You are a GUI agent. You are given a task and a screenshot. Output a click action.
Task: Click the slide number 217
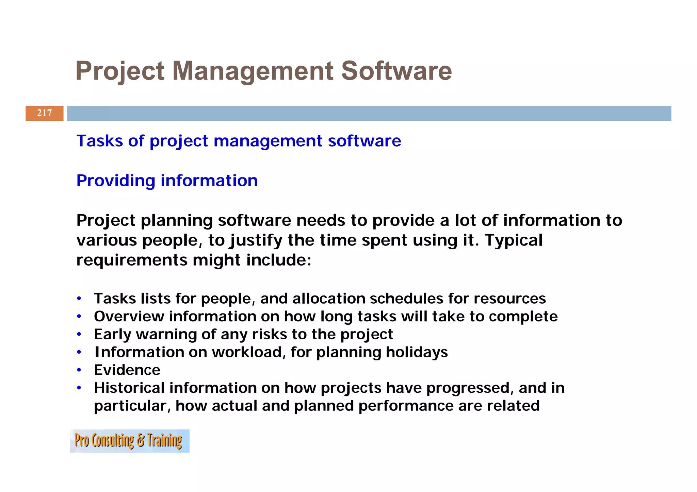tap(44, 113)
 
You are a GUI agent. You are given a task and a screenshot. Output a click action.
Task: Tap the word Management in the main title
tap(253, 71)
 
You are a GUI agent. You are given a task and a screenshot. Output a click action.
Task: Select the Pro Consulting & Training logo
tap(129, 441)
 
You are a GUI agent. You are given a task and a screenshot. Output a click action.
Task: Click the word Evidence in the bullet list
tap(127, 370)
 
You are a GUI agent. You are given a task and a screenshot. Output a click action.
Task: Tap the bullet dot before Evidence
tap(79, 370)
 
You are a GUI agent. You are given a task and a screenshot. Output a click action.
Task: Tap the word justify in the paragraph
tap(256, 241)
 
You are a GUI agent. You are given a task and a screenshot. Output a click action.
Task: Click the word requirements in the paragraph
tap(132, 260)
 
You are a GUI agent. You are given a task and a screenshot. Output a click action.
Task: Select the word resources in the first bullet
tap(509, 299)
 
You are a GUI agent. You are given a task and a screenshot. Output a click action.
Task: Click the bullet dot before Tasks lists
tap(79, 299)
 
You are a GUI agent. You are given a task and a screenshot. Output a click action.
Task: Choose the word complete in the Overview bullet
tap(523, 317)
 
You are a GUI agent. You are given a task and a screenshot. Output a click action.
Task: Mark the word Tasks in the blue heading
tap(99, 141)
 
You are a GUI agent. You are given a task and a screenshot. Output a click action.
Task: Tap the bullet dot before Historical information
tap(79, 388)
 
